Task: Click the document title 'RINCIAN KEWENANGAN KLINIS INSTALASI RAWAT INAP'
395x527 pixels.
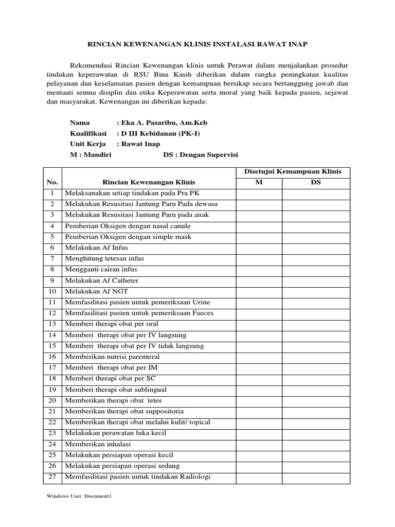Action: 197,45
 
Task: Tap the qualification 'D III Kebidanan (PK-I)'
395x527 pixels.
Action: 158,133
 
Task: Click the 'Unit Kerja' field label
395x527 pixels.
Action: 88,144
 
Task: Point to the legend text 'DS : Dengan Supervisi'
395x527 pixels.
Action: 201,155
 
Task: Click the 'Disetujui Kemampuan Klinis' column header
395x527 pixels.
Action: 293,172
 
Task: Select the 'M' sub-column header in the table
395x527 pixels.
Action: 259,182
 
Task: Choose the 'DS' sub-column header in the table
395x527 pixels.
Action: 316,182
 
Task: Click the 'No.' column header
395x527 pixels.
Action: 52,182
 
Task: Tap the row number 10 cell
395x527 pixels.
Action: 52,291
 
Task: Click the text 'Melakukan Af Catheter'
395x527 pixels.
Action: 101,280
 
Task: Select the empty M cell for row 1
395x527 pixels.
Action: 259,194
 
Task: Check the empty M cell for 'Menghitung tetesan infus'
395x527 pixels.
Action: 259,258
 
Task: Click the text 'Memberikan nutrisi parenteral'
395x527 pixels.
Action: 112,357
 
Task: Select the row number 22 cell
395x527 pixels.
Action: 52,422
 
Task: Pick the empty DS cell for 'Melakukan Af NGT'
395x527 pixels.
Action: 316,291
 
